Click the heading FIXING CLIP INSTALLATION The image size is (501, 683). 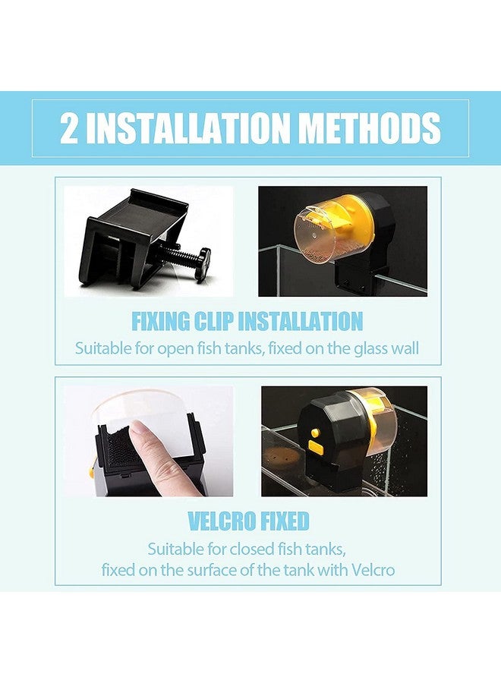click(x=247, y=321)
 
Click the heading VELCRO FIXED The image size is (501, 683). click(x=247, y=521)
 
